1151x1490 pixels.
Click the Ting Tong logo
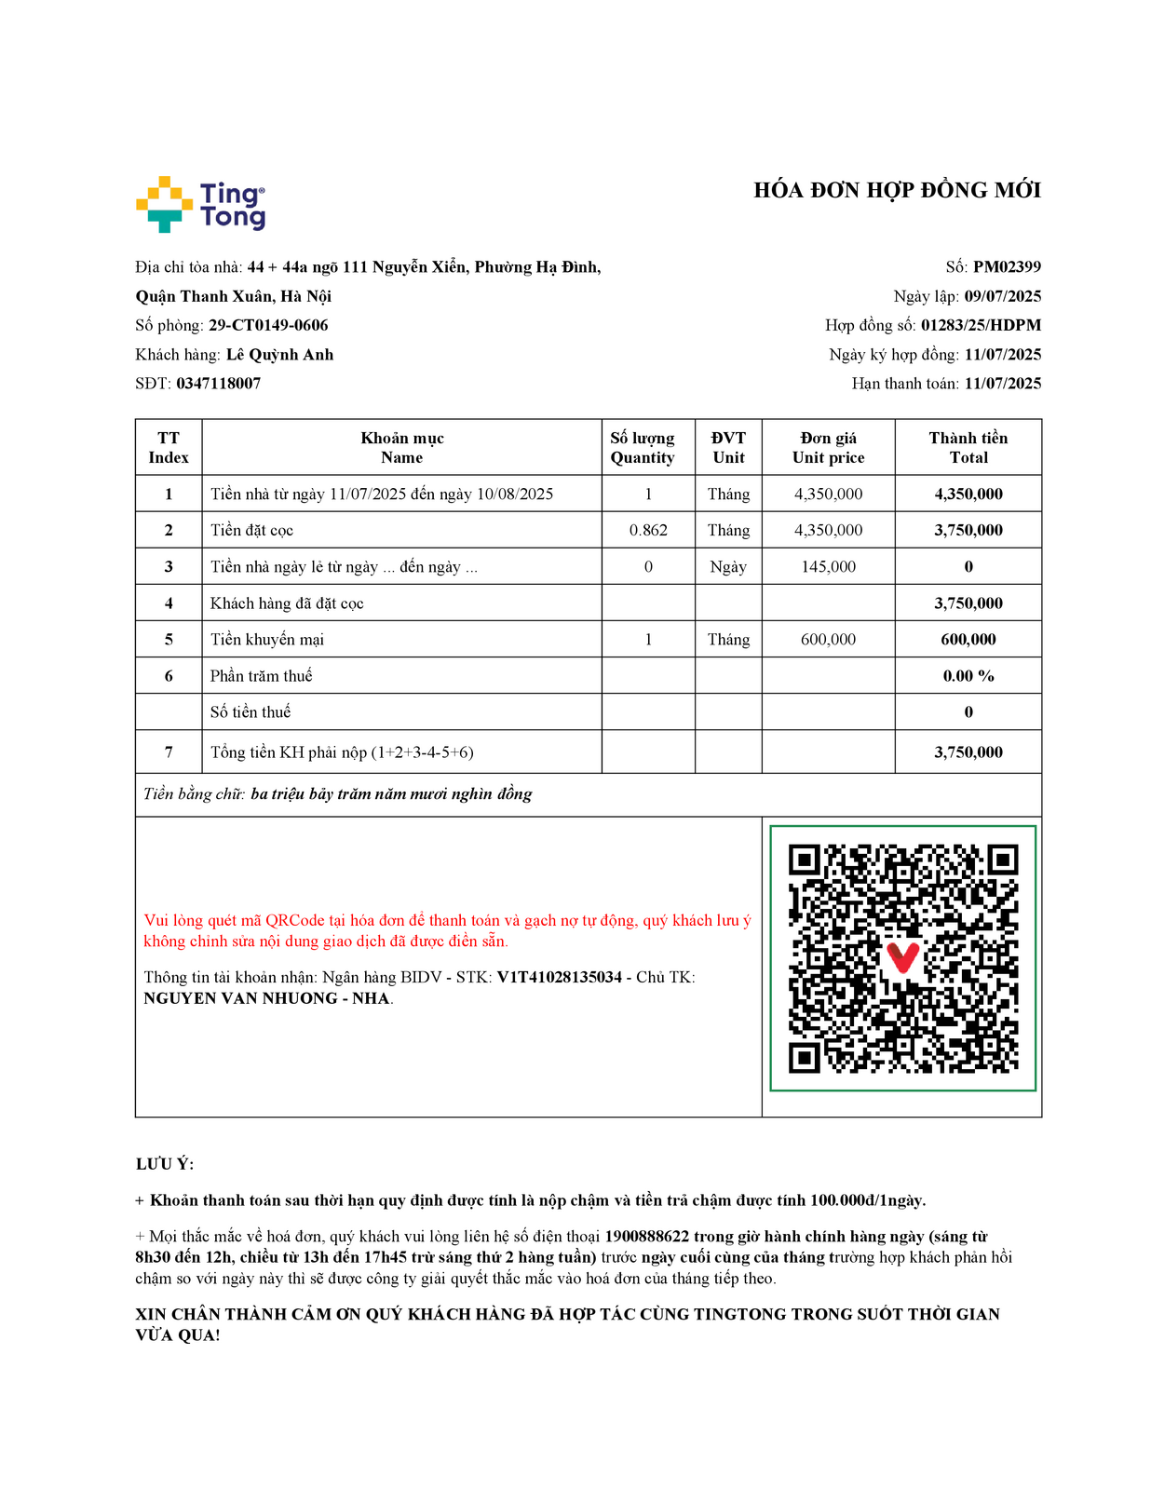(201, 204)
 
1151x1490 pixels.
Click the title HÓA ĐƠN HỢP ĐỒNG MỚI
(897, 191)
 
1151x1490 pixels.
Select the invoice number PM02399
(1007, 267)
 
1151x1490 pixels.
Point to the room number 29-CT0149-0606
(268, 325)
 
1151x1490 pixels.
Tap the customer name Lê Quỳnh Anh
(279, 355)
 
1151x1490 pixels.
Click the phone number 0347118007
(219, 384)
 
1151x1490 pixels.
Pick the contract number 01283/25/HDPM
(981, 325)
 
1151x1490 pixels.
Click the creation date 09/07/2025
(1002, 296)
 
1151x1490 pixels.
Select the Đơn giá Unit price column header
(828, 448)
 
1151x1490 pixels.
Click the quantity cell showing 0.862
(648, 530)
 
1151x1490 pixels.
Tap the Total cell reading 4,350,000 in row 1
(968, 494)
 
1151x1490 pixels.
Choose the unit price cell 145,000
(828, 566)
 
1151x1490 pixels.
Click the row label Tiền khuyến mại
(267, 640)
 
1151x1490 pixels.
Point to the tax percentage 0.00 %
(968, 676)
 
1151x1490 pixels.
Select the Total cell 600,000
(968, 640)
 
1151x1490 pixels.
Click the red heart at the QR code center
(902, 956)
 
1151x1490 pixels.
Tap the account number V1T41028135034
(559, 978)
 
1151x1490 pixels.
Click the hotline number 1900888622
(646, 1237)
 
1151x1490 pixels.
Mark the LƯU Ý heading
(165, 1164)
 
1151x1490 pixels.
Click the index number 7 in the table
(169, 752)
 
